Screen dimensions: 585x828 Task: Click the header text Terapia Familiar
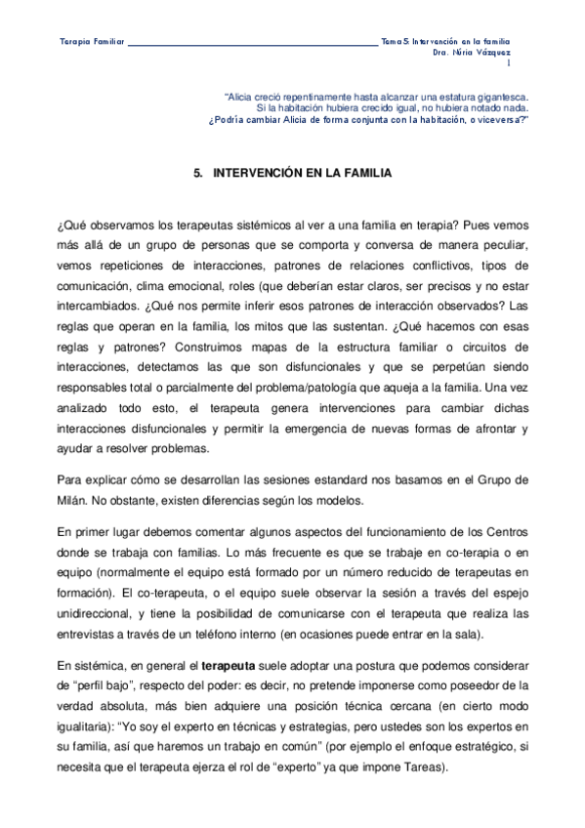tap(92, 43)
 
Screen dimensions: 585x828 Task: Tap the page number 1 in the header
tap(508, 63)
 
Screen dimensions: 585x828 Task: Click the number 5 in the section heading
tap(197, 173)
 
